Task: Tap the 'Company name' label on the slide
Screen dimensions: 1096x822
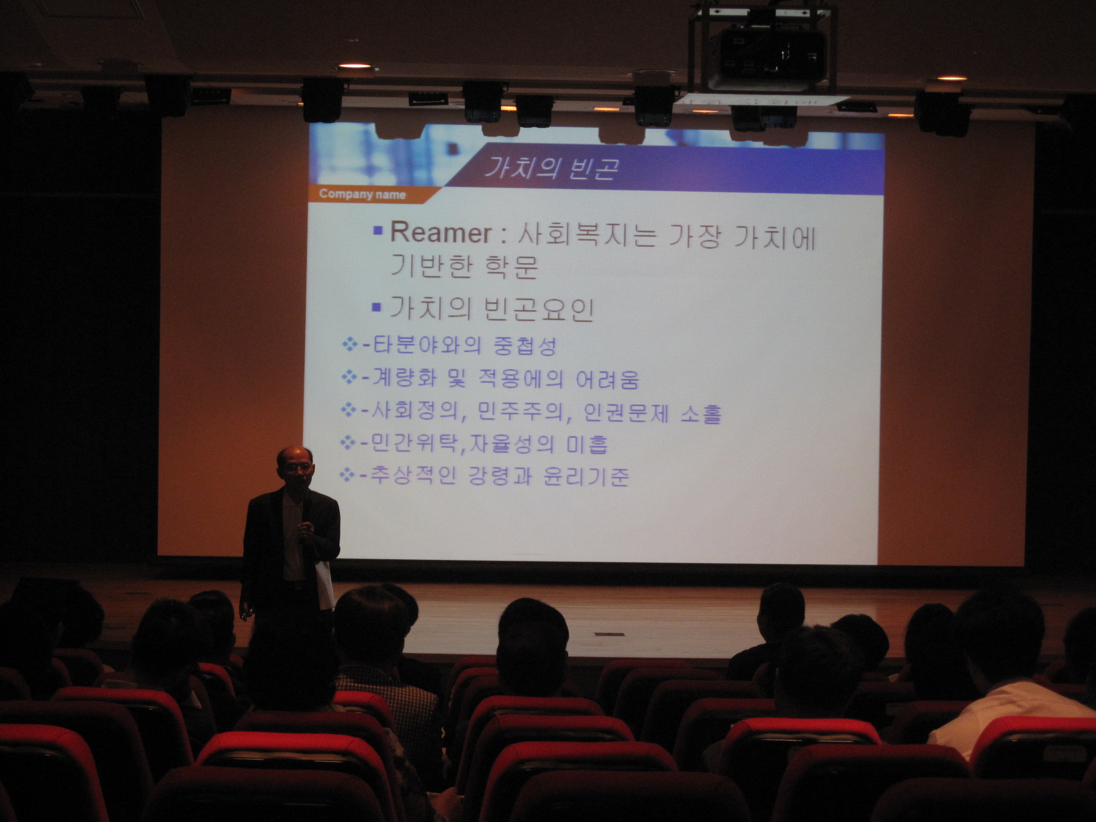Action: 362,194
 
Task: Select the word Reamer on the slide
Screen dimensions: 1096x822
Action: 441,233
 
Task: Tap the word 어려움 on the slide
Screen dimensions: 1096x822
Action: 608,380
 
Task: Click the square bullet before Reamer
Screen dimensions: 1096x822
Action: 378,231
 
